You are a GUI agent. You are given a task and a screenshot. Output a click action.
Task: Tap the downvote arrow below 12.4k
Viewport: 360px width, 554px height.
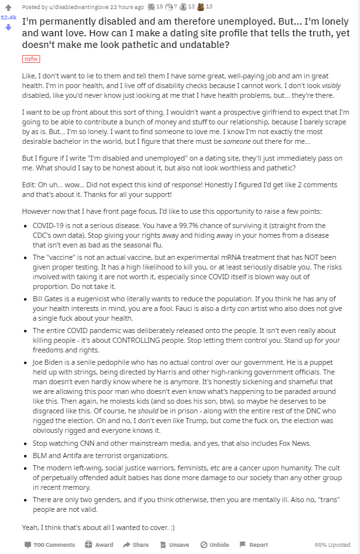[x=9, y=27]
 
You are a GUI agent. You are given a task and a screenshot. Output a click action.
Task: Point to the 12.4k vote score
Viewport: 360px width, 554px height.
[x=9, y=17]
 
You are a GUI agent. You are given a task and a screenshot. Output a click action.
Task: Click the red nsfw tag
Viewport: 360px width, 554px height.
[x=30, y=59]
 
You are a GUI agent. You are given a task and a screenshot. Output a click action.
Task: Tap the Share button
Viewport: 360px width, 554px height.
[x=136, y=545]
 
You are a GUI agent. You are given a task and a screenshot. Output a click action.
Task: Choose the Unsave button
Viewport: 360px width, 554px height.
[x=174, y=545]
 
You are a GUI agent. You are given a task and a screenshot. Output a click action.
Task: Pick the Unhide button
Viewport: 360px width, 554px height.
[x=215, y=545]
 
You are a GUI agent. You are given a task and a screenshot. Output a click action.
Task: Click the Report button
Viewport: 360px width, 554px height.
[x=254, y=545]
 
